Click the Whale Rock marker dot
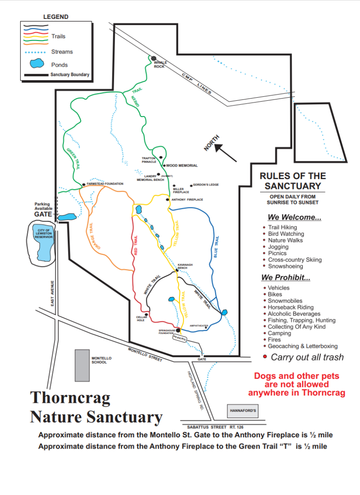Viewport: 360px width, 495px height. (153, 58)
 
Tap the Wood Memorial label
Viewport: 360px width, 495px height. (182, 166)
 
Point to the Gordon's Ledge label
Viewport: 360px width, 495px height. (206, 185)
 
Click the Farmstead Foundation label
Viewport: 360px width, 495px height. (105, 184)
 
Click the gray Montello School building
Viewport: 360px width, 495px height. (82, 365)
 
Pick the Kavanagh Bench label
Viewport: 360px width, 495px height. (185, 266)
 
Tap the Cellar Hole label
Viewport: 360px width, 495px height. (142, 318)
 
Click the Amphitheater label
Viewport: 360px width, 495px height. (198, 325)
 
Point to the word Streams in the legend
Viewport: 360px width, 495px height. (62, 52)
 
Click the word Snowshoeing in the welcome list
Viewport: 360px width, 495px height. (286, 266)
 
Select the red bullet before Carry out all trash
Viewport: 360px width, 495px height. (265, 357)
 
